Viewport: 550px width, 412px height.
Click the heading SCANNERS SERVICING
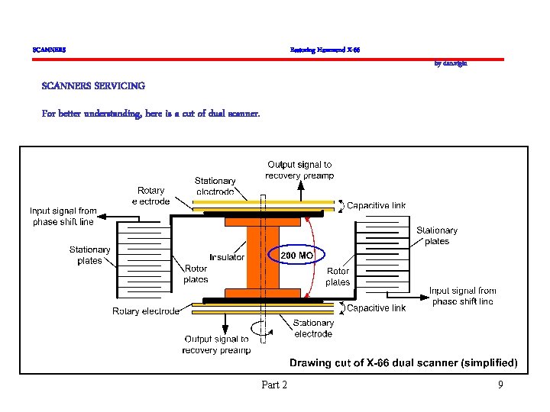tap(93, 85)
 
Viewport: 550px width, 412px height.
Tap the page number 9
tap(500, 385)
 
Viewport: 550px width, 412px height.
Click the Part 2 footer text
tap(274, 385)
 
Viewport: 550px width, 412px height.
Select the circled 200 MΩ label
tap(296, 255)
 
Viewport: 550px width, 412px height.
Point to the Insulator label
tap(227, 257)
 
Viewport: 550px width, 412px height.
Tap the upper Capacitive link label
tap(377, 205)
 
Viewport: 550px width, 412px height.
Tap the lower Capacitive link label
tap(377, 308)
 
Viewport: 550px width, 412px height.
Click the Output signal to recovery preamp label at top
tap(299, 169)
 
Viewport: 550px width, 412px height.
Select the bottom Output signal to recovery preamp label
tap(216, 344)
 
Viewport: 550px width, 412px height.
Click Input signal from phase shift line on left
tap(63, 216)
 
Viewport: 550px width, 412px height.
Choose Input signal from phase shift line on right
tap(462, 295)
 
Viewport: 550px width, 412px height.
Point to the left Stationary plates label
tap(89, 255)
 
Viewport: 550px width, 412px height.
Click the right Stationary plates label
tap(436, 236)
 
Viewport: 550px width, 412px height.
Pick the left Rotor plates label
tap(196, 274)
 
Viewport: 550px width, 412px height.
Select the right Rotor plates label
tap(338, 276)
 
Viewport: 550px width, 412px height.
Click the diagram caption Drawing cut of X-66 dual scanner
tap(403, 362)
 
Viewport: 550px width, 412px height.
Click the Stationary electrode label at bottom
tap(313, 328)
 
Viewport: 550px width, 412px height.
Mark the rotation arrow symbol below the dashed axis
tap(264, 329)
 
